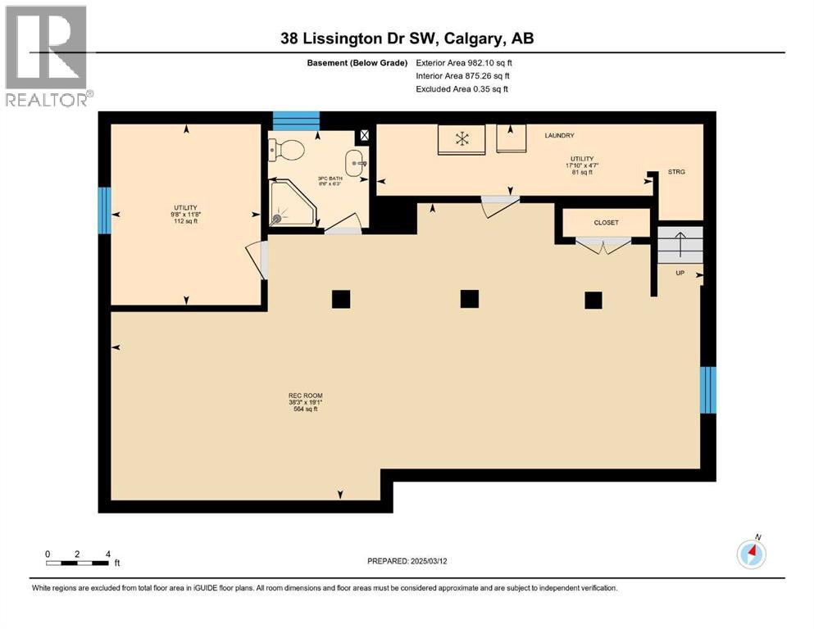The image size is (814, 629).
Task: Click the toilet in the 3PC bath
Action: pos(287,150)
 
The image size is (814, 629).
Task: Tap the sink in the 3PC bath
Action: pos(355,163)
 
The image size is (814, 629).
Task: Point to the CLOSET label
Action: pos(607,223)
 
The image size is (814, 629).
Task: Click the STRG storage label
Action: pos(676,172)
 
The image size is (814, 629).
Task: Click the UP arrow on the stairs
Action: pos(680,245)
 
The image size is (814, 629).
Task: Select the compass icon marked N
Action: pos(751,554)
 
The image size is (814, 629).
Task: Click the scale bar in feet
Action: pos(78,562)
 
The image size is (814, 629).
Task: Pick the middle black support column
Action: pos(469,299)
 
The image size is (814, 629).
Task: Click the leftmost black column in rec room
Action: pos(341,299)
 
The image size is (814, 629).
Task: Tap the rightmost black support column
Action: pos(593,301)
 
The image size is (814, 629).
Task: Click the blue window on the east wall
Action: pos(708,390)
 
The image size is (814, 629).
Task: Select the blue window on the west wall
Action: pos(104,210)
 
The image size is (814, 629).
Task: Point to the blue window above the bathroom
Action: pos(295,121)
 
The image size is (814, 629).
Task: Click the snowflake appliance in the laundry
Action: pos(462,138)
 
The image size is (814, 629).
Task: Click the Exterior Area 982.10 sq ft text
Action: pos(464,62)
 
